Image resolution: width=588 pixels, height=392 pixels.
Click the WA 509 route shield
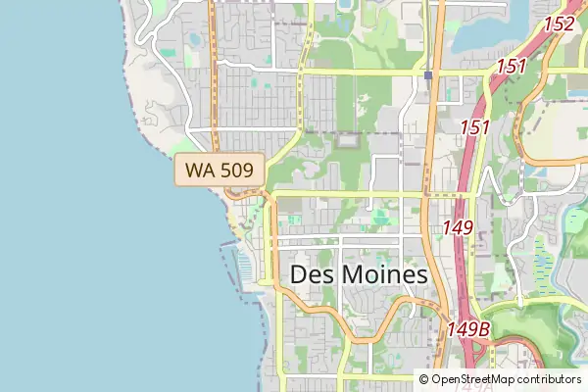click(220, 171)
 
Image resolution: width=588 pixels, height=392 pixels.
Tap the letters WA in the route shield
click(201, 171)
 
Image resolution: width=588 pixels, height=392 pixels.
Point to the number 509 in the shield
click(236, 171)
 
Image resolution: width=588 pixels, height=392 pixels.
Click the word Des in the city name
click(313, 275)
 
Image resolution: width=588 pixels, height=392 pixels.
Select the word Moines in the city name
click(384, 275)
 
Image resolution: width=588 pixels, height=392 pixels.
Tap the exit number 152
click(559, 24)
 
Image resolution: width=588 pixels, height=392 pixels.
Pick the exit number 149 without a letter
click(458, 227)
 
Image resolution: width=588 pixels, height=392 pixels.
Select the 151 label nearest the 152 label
click(511, 68)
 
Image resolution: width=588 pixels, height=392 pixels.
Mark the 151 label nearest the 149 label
click(474, 127)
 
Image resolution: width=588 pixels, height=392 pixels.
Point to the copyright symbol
click(424, 378)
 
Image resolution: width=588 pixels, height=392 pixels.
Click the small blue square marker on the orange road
click(429, 74)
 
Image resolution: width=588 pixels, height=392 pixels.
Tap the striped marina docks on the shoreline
click(234, 269)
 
